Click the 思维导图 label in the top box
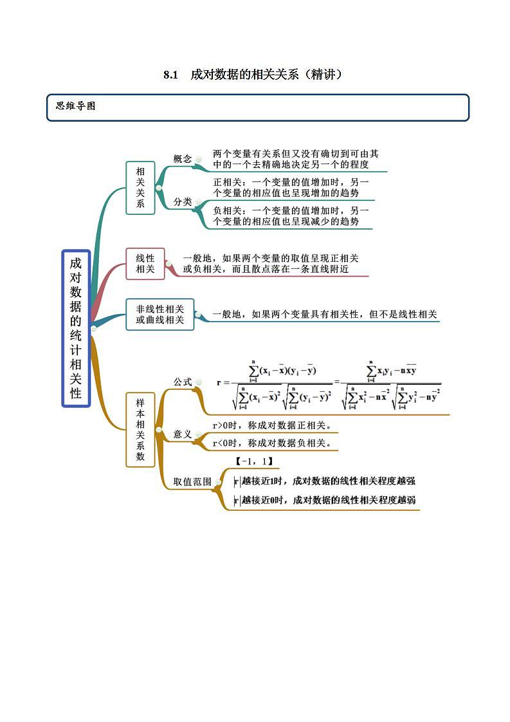tap(76, 107)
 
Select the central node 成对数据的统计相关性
tap(76, 328)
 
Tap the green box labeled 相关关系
tap(140, 188)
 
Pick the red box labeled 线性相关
tap(145, 264)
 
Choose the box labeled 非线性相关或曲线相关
tap(159, 315)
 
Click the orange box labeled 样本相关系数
tap(140, 429)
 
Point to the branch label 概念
tap(183, 159)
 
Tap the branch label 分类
tap(183, 202)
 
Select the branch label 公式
tap(183, 382)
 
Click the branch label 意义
tap(183, 434)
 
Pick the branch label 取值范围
tap(192, 481)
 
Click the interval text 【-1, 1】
tap(254, 461)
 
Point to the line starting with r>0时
tap(271, 425)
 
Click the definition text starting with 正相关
tap(291, 187)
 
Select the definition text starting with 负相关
tap(291, 216)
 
